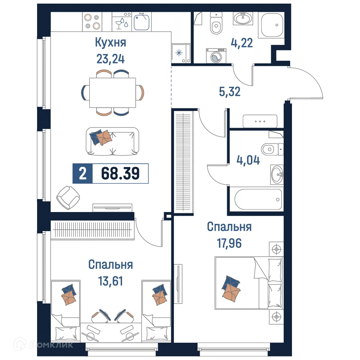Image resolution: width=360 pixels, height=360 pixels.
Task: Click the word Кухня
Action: [111, 42]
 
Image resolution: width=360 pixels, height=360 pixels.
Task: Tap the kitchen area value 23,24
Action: [111, 58]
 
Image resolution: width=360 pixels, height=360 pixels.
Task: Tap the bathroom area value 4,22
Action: [242, 43]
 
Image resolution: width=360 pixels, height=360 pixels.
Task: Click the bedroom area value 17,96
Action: [229, 243]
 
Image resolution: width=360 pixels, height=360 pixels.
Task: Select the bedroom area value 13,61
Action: [111, 280]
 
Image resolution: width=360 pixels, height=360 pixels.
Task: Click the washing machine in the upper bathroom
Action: [216, 56]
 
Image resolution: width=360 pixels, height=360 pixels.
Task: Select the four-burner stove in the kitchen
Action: [92, 21]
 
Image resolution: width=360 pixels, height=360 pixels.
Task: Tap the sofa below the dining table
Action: [112, 141]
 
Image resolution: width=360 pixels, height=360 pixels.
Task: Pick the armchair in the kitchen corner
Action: [68, 197]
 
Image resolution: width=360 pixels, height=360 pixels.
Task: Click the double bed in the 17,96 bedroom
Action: [249, 283]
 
